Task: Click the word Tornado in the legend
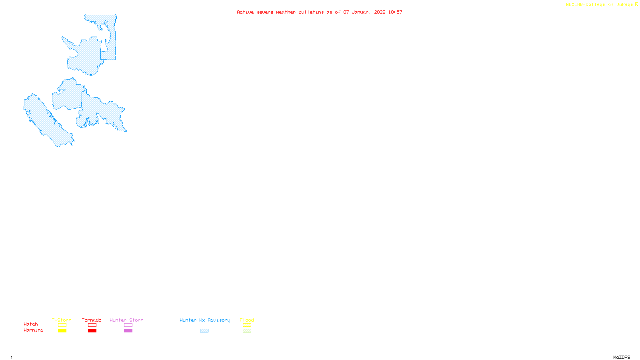click(x=92, y=320)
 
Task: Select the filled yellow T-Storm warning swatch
click(x=62, y=331)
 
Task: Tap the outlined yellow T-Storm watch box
click(x=62, y=325)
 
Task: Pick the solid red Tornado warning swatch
click(x=92, y=331)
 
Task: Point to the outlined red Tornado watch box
click(x=92, y=325)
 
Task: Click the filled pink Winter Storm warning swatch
click(x=128, y=331)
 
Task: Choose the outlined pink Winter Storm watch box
click(x=128, y=325)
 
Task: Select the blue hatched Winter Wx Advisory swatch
click(x=204, y=331)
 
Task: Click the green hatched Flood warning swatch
click(x=247, y=331)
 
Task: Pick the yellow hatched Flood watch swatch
click(x=247, y=325)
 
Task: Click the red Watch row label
click(x=31, y=324)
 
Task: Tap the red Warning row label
click(x=33, y=330)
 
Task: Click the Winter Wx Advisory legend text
click(x=205, y=320)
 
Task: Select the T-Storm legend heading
click(x=62, y=320)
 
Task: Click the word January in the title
click(x=362, y=12)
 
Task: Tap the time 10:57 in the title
click(x=395, y=12)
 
